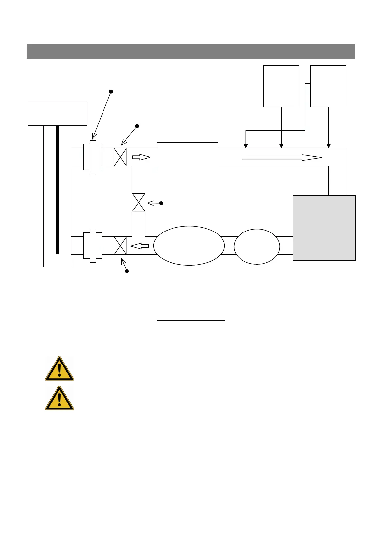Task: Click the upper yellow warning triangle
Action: (x=59, y=369)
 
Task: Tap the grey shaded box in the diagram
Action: (x=324, y=228)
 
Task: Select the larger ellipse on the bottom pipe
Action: (x=189, y=246)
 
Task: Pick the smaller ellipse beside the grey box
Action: (x=257, y=246)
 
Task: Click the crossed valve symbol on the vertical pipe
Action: (x=138, y=202)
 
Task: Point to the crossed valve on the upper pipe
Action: (x=120, y=157)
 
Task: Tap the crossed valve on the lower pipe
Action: (x=120, y=246)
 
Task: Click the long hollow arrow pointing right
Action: (x=282, y=158)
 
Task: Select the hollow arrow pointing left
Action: (x=140, y=246)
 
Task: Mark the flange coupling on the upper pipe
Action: (x=93, y=157)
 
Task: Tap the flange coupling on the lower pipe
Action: (x=93, y=246)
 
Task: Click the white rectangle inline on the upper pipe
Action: (x=188, y=157)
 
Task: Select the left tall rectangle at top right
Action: (x=281, y=86)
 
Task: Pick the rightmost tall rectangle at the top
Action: (x=328, y=86)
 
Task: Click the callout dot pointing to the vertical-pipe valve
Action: (x=161, y=203)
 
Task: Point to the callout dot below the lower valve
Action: (x=127, y=271)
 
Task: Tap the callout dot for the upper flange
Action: (x=111, y=91)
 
